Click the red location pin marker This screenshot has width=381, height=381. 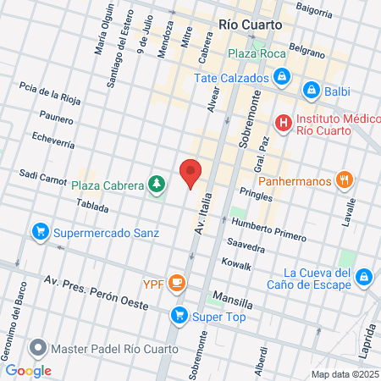click(191, 173)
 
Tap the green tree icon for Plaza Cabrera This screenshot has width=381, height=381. click(156, 183)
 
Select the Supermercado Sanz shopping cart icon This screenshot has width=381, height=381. click(39, 230)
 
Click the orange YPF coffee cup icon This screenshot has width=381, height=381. click(177, 282)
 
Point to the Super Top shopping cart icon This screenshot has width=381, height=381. click(179, 317)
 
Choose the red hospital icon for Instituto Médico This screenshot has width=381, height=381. click(284, 124)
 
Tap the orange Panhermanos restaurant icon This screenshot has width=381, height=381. click(343, 179)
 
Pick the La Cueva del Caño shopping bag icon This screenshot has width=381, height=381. click(363, 277)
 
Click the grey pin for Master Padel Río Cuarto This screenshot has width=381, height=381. click(37, 348)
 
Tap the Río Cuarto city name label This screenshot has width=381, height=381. click(250, 25)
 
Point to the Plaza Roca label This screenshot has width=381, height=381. click(256, 53)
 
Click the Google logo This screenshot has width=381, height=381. click(29, 370)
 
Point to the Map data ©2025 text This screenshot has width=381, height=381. click(345, 374)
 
